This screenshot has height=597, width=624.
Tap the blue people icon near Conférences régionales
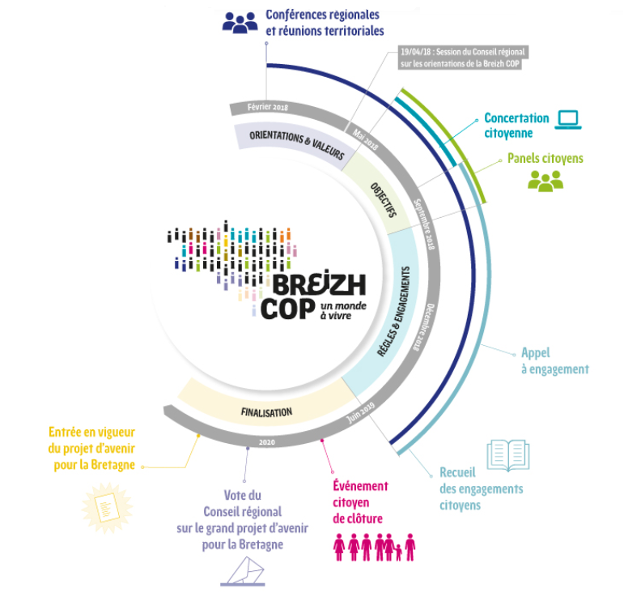pyautogui.click(x=240, y=22)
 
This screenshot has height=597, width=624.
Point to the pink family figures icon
pyautogui.click(x=374, y=547)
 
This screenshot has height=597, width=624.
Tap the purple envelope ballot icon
pyautogui.click(x=243, y=572)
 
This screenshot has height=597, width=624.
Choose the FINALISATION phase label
pyautogui.click(x=265, y=412)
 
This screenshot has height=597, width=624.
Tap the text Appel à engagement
pyautogui.click(x=554, y=361)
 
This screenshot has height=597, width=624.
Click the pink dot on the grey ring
pyautogui.click(x=322, y=441)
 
